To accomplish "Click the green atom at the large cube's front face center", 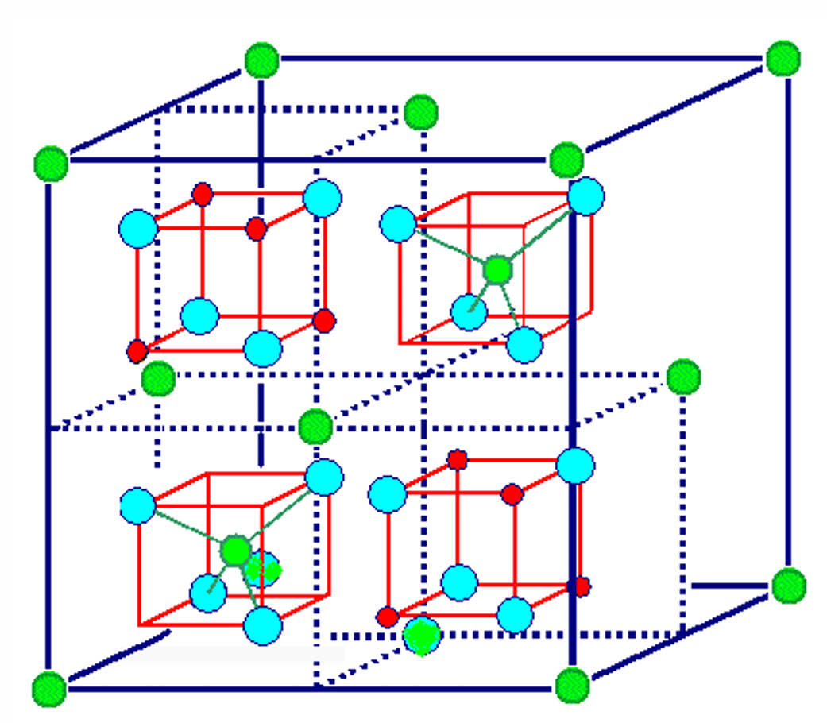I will click(x=315, y=427).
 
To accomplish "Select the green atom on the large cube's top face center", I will click(x=420, y=112).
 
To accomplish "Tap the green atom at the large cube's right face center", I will click(x=682, y=377).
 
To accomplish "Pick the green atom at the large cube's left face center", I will click(x=158, y=378).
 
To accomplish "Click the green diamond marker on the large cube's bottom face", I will click(x=421, y=636).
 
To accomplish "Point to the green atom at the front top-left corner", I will click(x=52, y=164).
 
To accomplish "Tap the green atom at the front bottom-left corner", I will click(x=49, y=688).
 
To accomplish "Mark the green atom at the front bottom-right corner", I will click(x=572, y=684).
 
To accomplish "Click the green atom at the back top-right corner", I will click(x=783, y=60).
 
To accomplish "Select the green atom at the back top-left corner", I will click(x=261, y=60).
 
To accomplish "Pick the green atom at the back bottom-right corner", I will click(x=789, y=586).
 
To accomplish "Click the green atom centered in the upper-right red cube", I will click(x=497, y=270).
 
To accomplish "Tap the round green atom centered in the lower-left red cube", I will click(x=235, y=550).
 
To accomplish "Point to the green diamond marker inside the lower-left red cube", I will click(x=263, y=569).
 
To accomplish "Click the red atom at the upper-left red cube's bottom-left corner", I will click(x=137, y=350).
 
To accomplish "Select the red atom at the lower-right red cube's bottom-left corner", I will click(x=388, y=617).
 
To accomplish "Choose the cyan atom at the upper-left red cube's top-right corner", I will click(x=323, y=198).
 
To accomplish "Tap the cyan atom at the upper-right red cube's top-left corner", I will click(x=398, y=224).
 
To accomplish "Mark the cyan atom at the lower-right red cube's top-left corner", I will click(x=388, y=495).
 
